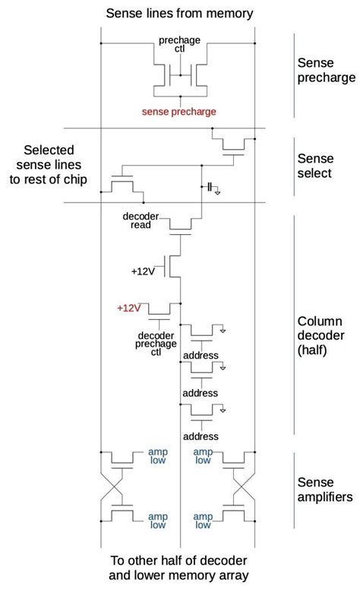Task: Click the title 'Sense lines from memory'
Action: [179, 13]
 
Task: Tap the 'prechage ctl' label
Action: [180, 44]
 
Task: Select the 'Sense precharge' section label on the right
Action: [327, 70]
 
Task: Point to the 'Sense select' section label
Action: [314, 166]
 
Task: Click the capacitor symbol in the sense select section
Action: [208, 186]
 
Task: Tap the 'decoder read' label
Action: [141, 220]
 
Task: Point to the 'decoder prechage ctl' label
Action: [156, 343]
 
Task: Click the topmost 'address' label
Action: [201, 355]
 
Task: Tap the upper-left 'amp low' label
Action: [158, 455]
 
